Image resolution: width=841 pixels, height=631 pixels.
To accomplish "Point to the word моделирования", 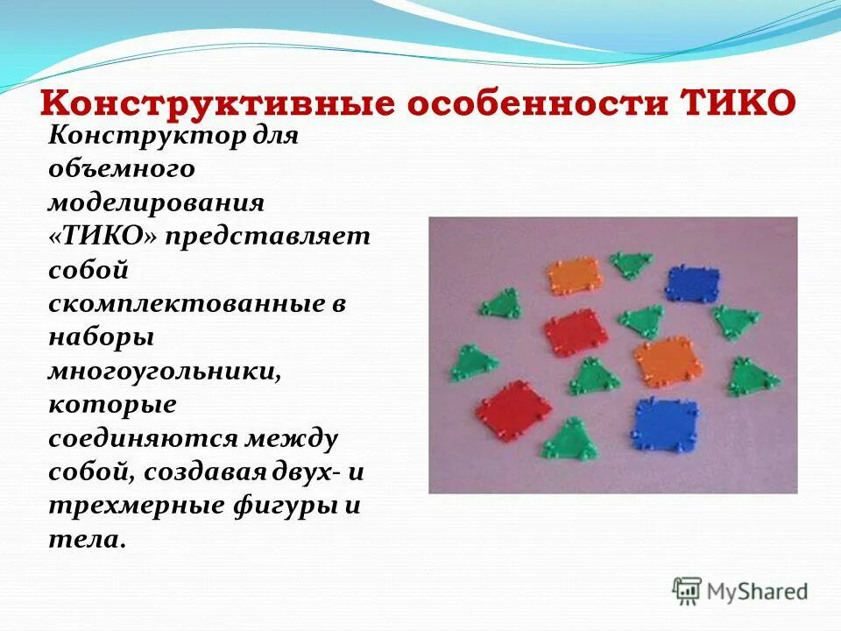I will [x=156, y=203].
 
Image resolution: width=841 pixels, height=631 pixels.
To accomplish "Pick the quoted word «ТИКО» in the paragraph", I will [x=102, y=238].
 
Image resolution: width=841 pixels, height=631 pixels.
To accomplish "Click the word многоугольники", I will [x=165, y=372].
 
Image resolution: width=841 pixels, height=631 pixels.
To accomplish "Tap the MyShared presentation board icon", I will [x=688, y=591].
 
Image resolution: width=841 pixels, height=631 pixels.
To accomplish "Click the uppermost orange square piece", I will [x=575, y=276].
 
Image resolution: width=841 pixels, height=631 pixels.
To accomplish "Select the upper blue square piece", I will [x=692, y=283].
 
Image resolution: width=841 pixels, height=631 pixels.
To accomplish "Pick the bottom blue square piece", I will [x=666, y=422].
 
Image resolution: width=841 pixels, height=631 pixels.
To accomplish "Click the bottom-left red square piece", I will [x=513, y=409].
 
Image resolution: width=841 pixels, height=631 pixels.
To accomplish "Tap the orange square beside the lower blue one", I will [x=663, y=362].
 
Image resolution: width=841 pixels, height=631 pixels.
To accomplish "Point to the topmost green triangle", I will [x=631, y=265].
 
